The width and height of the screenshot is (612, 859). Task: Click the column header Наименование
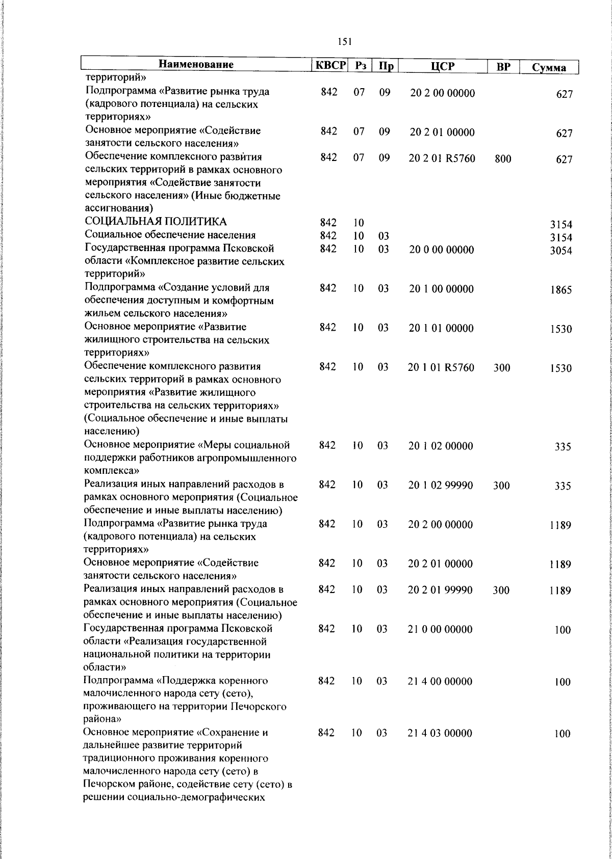click(x=196, y=65)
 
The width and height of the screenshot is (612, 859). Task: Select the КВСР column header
click(x=329, y=66)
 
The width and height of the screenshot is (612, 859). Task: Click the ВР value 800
click(x=502, y=159)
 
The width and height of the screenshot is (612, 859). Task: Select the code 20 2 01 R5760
click(x=442, y=158)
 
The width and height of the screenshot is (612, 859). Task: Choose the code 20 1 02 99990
click(x=440, y=485)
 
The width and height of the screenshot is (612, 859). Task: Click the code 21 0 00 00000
click(x=440, y=629)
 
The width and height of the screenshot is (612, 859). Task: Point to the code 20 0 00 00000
click(x=441, y=250)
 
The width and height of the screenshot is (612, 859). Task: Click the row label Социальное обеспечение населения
click(x=170, y=235)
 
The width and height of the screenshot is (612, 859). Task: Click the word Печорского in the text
click(x=258, y=707)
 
